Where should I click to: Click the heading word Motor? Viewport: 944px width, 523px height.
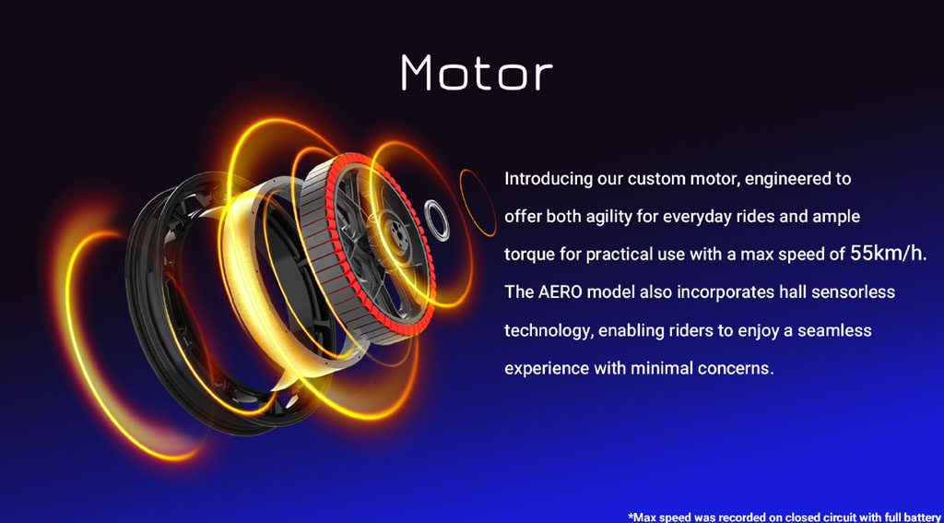(477, 73)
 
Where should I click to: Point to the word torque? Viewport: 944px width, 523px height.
(526, 255)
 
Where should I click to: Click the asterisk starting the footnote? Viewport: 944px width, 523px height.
(631, 516)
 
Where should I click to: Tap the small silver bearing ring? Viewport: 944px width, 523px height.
(437, 220)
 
